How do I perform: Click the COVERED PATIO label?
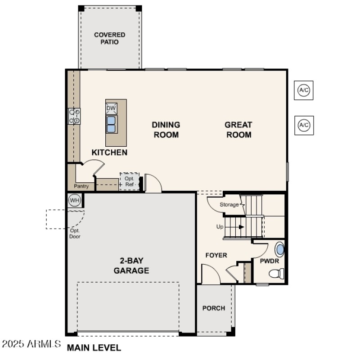pyautogui.click(x=109, y=38)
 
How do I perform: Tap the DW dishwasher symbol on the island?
pyautogui.click(x=111, y=108)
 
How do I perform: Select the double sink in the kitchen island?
pyautogui.click(x=111, y=124)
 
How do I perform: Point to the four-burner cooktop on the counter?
pyautogui.click(x=74, y=116)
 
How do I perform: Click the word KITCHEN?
pyautogui.click(x=109, y=153)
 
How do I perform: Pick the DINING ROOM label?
pyautogui.click(x=166, y=130)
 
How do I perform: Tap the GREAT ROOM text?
pyautogui.click(x=238, y=130)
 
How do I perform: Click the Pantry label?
pyautogui.click(x=81, y=186)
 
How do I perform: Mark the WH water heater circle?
pyautogui.click(x=74, y=199)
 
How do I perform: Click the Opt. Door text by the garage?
pyautogui.click(x=75, y=233)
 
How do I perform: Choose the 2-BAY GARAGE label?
pyautogui.click(x=131, y=265)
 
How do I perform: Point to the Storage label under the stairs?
pyautogui.click(x=229, y=205)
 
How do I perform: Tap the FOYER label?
pyautogui.click(x=216, y=255)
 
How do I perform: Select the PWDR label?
pyautogui.click(x=270, y=261)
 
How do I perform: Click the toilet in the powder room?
pyautogui.click(x=276, y=273)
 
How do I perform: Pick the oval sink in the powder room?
pyautogui.click(x=280, y=249)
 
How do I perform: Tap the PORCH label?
pyautogui.click(x=214, y=308)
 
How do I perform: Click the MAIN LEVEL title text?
pyautogui.click(x=94, y=347)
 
